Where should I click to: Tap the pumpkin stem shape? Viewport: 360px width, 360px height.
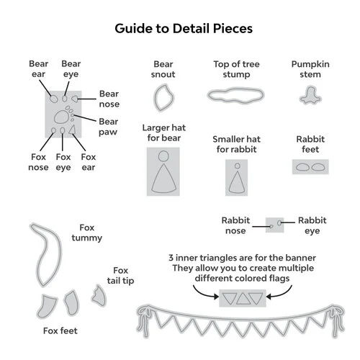click(310, 96)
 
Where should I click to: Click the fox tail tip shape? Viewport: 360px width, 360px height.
click(99, 296)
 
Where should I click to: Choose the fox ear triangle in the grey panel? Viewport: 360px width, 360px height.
click(72, 130)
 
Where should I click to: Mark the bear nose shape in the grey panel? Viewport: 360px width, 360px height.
click(75, 99)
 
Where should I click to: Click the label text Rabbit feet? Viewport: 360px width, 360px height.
click(310, 144)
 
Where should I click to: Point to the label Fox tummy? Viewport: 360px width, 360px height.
click(87, 233)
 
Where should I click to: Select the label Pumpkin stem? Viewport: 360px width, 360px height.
click(310, 69)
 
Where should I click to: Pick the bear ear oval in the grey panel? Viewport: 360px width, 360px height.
click(54, 99)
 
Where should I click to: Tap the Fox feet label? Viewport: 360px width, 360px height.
click(60, 330)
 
